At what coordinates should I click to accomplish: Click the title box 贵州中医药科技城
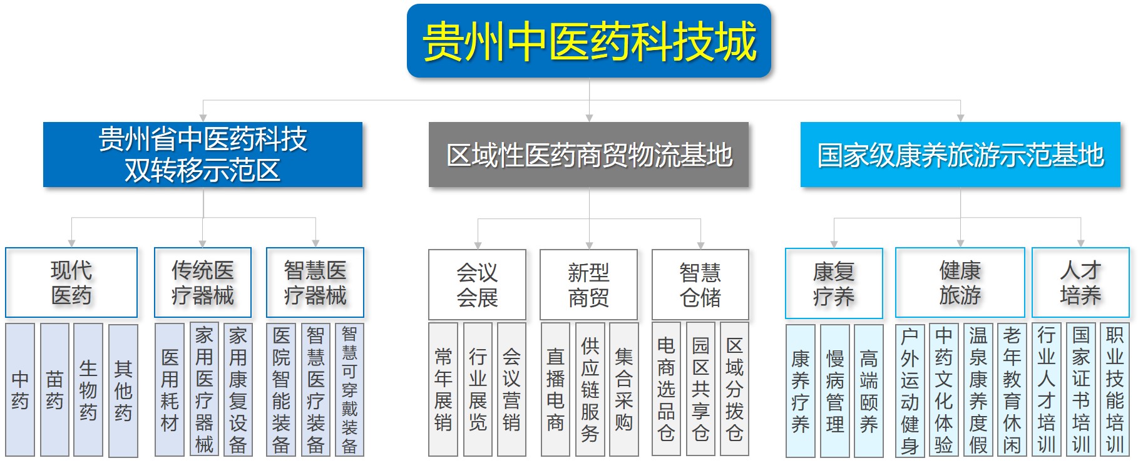point(588,41)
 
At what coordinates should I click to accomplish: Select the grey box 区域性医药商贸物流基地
point(588,155)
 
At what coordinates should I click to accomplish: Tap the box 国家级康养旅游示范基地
point(960,155)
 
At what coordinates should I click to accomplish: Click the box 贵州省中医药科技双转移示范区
point(203,155)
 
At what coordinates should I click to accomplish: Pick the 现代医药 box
point(71,282)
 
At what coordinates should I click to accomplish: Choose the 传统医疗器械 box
point(203,282)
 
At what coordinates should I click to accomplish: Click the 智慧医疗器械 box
point(315,282)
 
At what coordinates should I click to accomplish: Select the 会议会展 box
point(477,284)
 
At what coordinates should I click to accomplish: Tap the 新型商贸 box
point(588,284)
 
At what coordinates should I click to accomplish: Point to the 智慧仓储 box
point(700,284)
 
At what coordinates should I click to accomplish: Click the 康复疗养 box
point(834,283)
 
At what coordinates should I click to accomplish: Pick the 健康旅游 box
point(960,283)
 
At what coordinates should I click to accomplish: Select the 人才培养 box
point(1080,283)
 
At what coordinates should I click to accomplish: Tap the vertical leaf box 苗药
point(54,390)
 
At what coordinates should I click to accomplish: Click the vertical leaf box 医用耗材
point(170,390)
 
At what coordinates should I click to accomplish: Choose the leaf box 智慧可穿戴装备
point(349,390)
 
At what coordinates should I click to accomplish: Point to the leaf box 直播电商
point(555,389)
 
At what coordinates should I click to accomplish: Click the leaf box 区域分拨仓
point(734,389)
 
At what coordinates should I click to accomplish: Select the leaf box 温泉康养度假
point(978,390)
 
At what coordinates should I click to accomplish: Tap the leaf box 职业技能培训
point(1114,389)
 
